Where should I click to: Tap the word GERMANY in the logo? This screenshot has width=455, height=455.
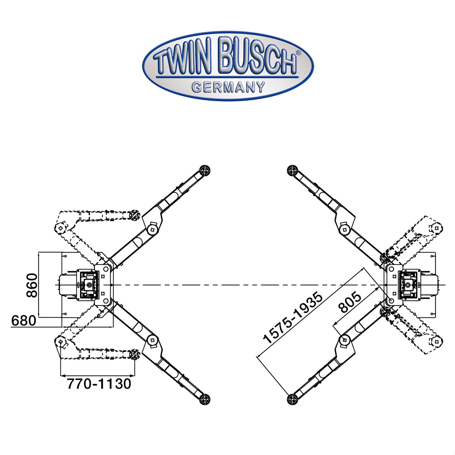[228, 87]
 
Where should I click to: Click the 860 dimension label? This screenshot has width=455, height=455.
[32, 285]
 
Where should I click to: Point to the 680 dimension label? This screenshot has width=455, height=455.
[24, 321]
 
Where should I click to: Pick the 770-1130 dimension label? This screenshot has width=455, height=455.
[99, 384]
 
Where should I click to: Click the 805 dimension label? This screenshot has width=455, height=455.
[349, 302]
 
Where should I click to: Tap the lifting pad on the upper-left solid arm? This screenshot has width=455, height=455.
[204, 170]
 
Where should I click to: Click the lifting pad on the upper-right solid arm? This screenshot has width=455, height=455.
[292, 170]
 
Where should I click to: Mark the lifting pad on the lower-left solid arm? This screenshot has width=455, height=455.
[204, 399]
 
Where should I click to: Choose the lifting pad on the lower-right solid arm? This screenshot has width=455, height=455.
[292, 399]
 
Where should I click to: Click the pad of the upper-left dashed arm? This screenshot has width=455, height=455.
[135, 215]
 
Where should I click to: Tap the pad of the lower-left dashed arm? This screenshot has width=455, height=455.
[135, 355]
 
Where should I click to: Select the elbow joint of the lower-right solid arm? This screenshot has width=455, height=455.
[344, 340]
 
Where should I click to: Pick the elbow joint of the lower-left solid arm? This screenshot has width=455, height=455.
[152, 340]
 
